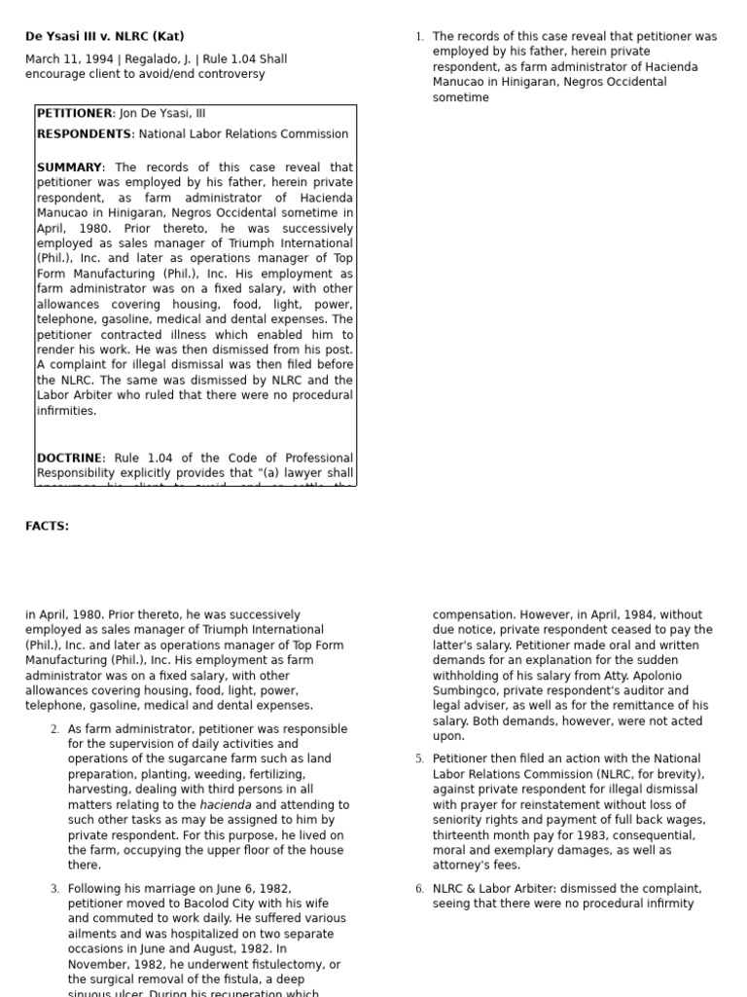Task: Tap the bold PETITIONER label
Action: (76, 114)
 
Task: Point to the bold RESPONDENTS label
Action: (85, 134)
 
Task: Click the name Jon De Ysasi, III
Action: (162, 114)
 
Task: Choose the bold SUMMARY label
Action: (69, 167)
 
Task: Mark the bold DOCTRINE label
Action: (71, 458)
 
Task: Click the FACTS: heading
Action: (47, 527)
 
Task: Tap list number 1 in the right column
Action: (419, 37)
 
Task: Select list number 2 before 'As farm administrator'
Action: (54, 729)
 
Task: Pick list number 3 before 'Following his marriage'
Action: (54, 889)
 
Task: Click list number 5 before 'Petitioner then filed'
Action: (419, 758)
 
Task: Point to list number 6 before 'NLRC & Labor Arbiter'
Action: (419, 889)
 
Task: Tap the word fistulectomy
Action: (274, 965)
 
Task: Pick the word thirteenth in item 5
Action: (463, 835)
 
